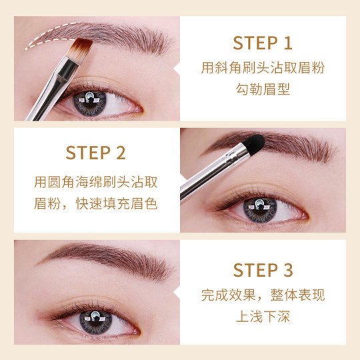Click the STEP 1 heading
(x=263, y=43)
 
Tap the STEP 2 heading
(x=96, y=153)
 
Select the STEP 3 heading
(x=263, y=270)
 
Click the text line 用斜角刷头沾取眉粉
(x=263, y=68)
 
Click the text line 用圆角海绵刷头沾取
(x=96, y=182)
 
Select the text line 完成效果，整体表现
(x=263, y=295)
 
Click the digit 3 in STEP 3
(x=287, y=270)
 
